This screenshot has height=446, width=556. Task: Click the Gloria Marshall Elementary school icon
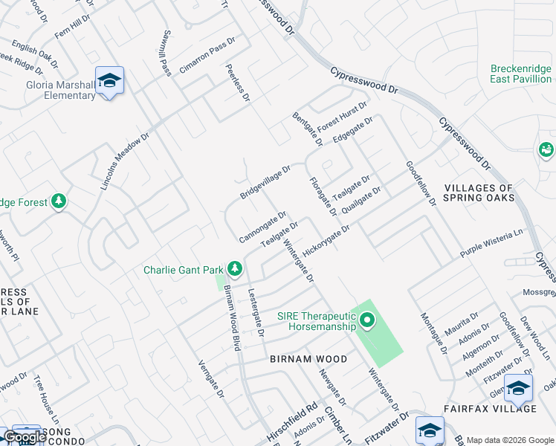pyautogui.click(x=109, y=80)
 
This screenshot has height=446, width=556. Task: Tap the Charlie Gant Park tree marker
pyautogui.click(x=235, y=268)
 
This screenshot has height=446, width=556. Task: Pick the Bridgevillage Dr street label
pyautogui.click(x=265, y=182)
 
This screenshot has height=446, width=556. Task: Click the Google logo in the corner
pyautogui.click(x=25, y=437)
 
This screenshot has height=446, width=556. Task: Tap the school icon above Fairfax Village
pyautogui.click(x=518, y=388)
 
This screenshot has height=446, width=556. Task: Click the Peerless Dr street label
pyautogui.click(x=238, y=82)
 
